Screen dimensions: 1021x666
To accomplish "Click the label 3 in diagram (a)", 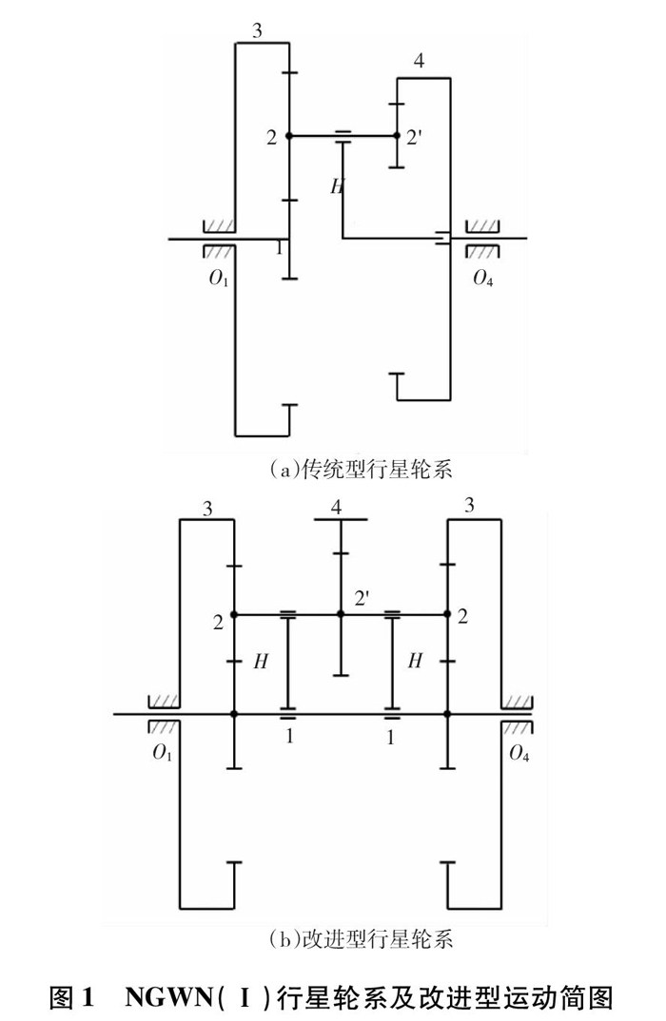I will [257, 30].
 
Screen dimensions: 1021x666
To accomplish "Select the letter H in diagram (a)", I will [336, 186].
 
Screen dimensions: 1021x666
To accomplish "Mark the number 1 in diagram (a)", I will [279, 248].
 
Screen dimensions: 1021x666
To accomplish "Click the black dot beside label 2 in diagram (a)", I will [289, 136].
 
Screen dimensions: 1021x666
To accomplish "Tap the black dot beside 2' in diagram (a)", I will [397, 136].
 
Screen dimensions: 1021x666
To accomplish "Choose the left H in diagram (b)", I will [260, 662].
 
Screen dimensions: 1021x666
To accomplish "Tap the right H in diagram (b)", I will [414, 662].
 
